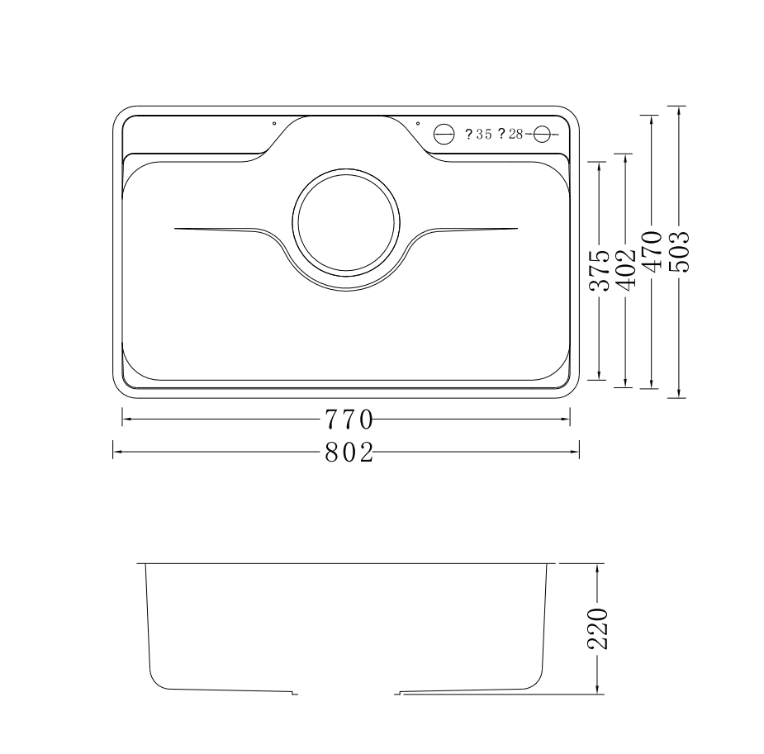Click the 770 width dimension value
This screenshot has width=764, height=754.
[x=348, y=420]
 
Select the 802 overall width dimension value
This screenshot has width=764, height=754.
[x=348, y=452]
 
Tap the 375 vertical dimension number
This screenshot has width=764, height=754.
[x=599, y=271]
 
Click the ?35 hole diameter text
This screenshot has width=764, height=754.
[x=478, y=134]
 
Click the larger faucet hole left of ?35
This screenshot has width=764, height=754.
[x=444, y=134]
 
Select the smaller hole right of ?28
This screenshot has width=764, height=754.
[x=543, y=134]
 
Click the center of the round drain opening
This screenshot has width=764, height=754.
[x=346, y=225]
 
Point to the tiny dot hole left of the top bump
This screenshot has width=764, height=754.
[x=274, y=124]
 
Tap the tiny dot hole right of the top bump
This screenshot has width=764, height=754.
[x=418, y=124]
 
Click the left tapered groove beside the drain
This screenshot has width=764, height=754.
[x=223, y=229]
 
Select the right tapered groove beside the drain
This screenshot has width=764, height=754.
[x=471, y=229]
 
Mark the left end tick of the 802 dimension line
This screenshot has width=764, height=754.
[x=113, y=452]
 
